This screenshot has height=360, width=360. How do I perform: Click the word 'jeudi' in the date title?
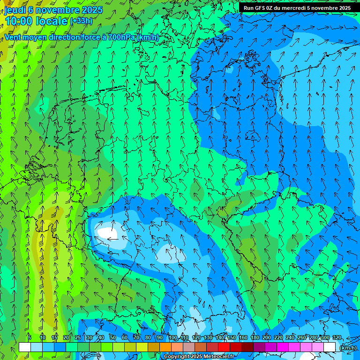point(15,10)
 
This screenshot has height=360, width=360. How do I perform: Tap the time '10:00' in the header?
point(19,21)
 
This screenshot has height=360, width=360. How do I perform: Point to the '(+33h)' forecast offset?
point(81,21)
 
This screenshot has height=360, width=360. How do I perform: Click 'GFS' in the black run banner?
point(261,8)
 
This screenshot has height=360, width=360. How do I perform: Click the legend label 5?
point(30,337)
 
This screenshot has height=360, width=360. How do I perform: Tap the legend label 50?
point(112,337)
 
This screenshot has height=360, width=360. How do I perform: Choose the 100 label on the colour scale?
point(173,337)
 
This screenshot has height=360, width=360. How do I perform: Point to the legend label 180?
point(255,337)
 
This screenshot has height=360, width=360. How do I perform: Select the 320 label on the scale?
point(337,337)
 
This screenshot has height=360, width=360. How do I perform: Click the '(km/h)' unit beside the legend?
point(348,348)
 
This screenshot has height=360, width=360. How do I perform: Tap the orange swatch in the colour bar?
point(165,347)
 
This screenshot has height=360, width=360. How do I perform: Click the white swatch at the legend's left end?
point(25,347)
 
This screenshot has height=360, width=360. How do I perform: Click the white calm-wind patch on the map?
point(107,233)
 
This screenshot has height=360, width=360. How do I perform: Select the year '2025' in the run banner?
point(345,8)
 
